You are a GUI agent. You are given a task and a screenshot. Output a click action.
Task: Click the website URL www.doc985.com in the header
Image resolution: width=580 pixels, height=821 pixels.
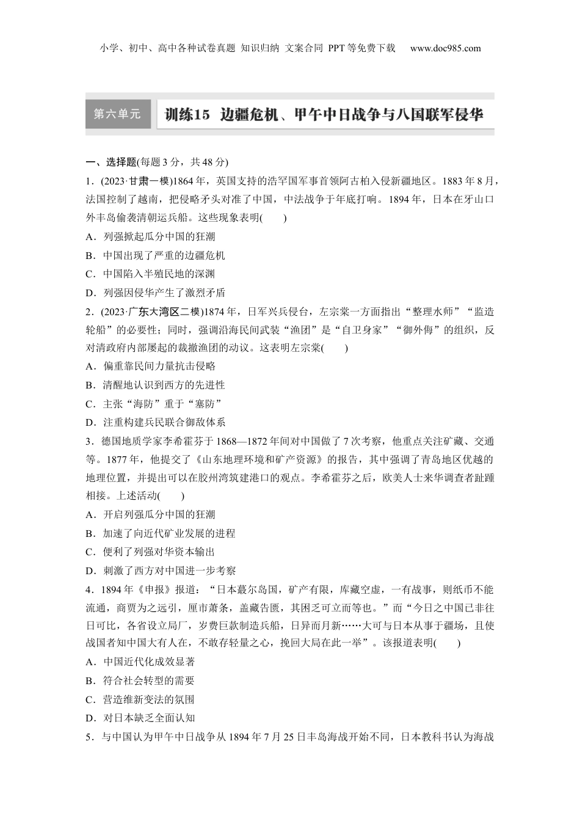coord(445,49)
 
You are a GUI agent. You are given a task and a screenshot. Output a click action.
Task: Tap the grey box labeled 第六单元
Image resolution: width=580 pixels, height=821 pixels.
coord(117,114)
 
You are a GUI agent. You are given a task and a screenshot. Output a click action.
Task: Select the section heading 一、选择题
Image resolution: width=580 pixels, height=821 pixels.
coord(111,162)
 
